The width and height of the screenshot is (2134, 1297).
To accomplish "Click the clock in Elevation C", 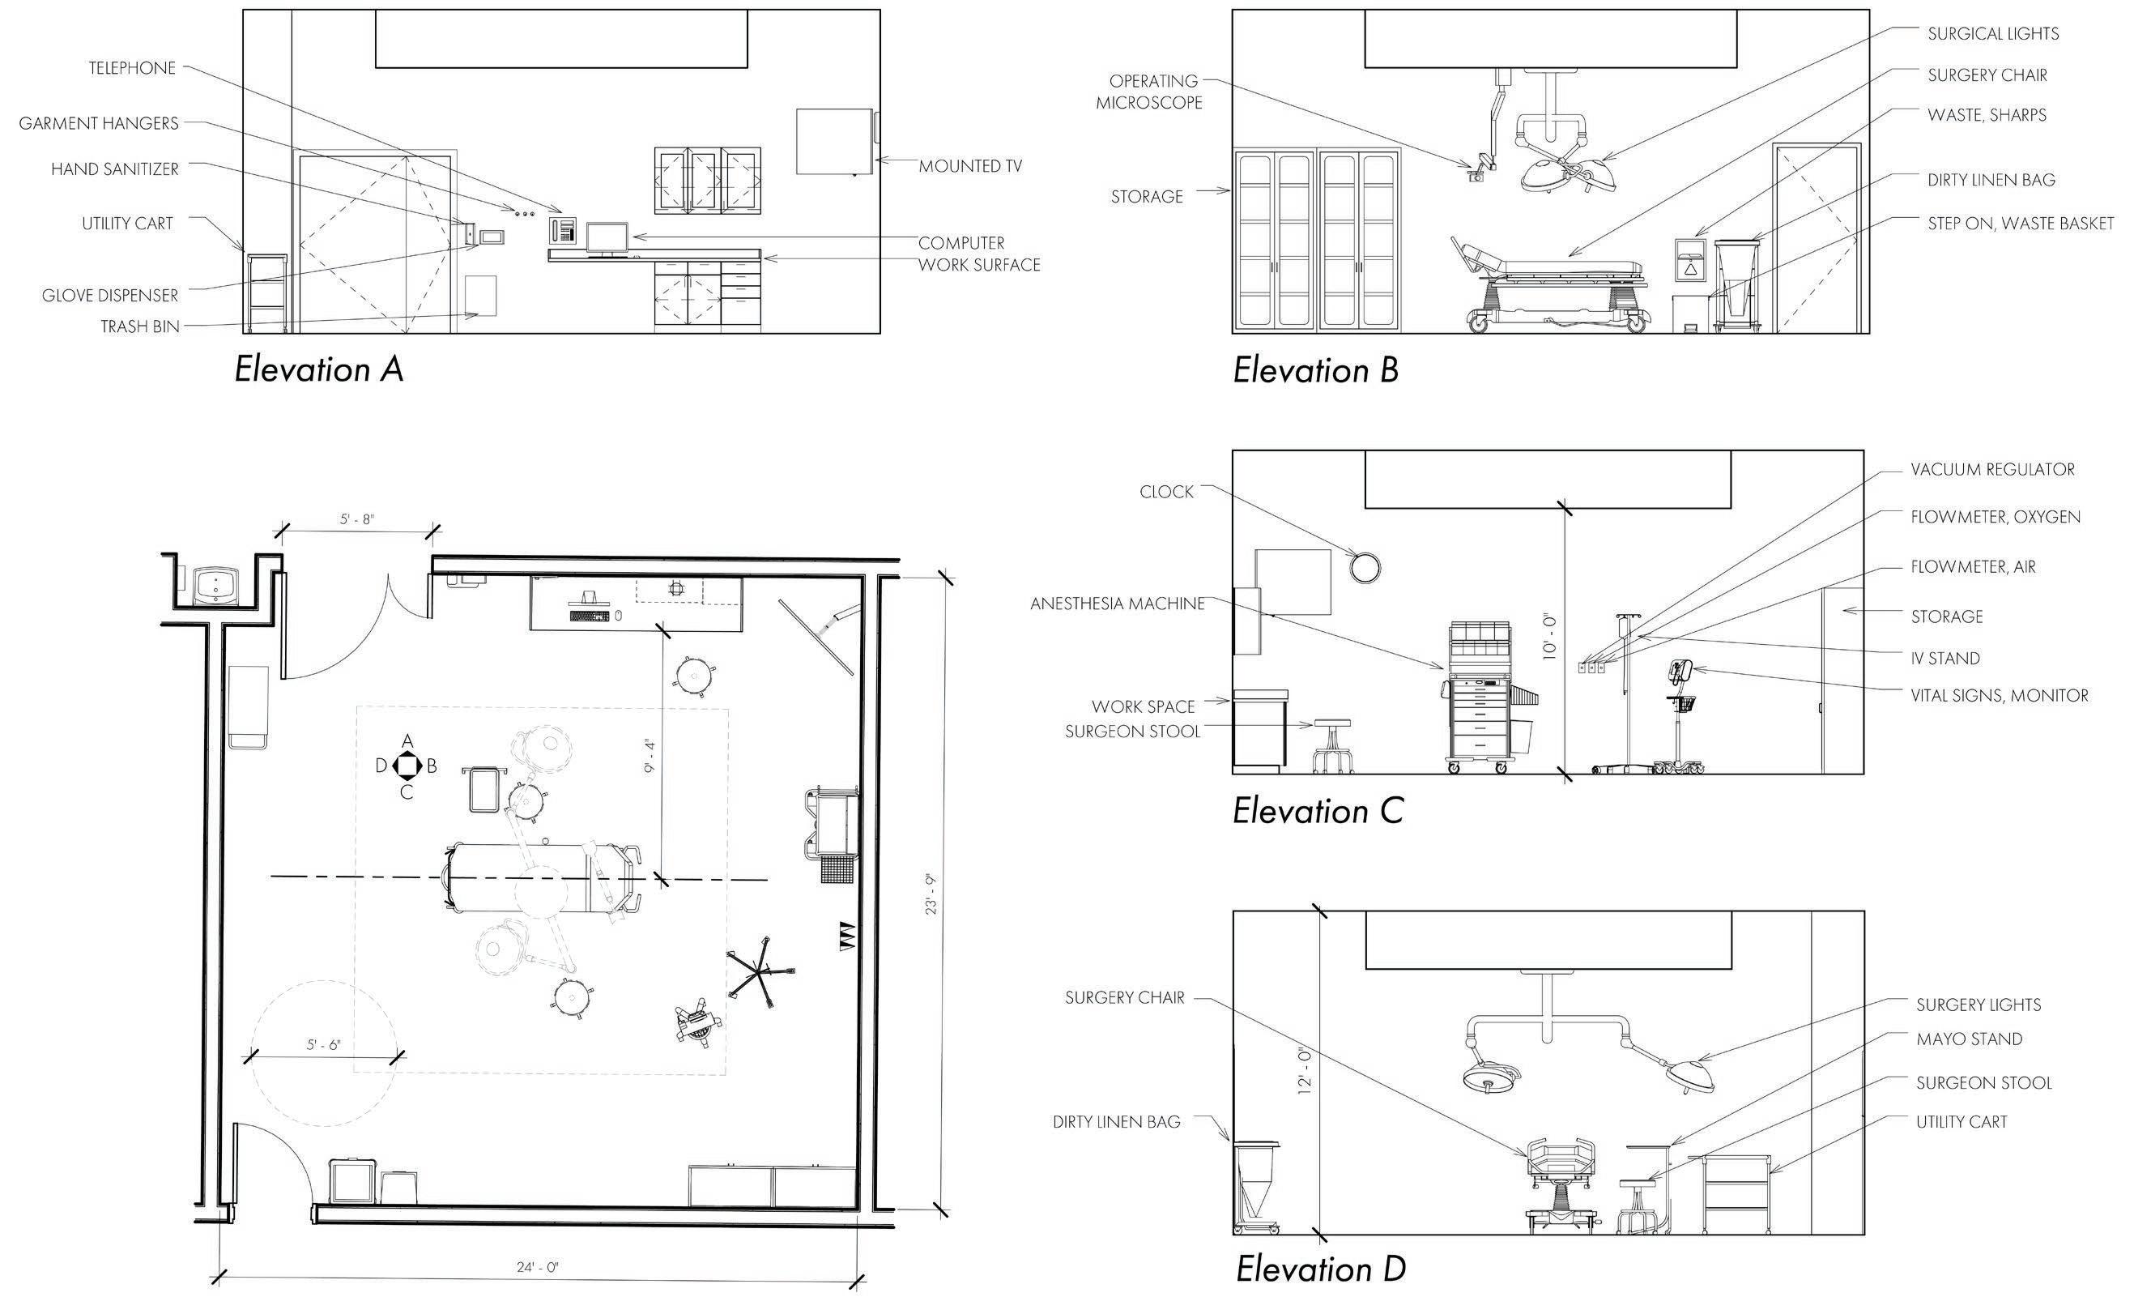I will [1365, 568].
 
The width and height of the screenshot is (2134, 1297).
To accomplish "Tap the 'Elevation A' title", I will [319, 370].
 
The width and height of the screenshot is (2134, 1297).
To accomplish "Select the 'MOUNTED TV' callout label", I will [970, 166].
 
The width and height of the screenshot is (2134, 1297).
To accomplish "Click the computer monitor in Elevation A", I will [608, 237].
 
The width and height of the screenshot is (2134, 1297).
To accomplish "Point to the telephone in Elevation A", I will [563, 230].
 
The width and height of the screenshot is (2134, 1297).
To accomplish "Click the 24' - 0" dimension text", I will [538, 1267].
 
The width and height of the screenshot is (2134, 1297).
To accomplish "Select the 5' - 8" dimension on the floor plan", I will [357, 519].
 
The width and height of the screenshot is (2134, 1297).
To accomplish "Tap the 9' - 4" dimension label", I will [651, 756].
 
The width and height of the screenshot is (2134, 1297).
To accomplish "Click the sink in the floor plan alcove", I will [213, 585].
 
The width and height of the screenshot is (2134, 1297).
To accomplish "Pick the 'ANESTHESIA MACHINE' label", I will [1118, 604].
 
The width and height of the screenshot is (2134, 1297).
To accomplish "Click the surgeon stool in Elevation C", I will [1332, 745].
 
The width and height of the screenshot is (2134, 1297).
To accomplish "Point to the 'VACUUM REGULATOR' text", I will [1993, 470].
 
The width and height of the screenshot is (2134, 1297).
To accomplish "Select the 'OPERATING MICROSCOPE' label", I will [1149, 92].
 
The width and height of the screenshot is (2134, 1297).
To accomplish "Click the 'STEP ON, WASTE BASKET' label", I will [2021, 224].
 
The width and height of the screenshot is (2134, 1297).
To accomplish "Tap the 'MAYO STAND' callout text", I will [1970, 1039].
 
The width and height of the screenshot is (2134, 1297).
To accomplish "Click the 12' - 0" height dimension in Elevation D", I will [1306, 1071].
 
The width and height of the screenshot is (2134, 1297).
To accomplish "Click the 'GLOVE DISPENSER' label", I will [110, 296].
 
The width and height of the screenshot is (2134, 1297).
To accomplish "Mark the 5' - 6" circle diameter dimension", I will [323, 1045].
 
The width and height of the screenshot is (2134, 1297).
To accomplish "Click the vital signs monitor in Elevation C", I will [1681, 672].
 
